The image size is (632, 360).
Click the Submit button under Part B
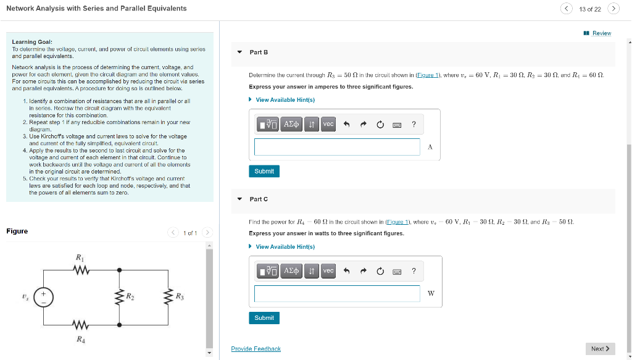click(x=264, y=171)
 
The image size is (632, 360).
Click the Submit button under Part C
click(x=264, y=318)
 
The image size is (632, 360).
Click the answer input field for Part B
click(x=337, y=147)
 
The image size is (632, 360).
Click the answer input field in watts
click(x=337, y=293)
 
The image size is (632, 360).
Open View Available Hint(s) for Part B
click(x=285, y=100)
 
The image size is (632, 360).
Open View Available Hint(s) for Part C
click(x=285, y=247)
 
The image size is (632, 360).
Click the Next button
click(x=600, y=349)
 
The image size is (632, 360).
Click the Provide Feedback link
click(x=256, y=349)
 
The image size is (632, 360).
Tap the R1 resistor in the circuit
click(x=81, y=269)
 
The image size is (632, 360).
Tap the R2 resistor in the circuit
click(x=119, y=297)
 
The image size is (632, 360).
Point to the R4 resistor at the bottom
click(x=81, y=325)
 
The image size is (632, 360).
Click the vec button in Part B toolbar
click(x=328, y=124)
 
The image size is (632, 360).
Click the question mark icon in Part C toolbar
click(x=414, y=271)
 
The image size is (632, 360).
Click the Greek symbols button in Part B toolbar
click(x=291, y=124)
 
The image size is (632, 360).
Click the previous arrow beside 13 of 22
click(x=567, y=9)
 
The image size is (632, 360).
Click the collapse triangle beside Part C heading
click(x=239, y=199)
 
